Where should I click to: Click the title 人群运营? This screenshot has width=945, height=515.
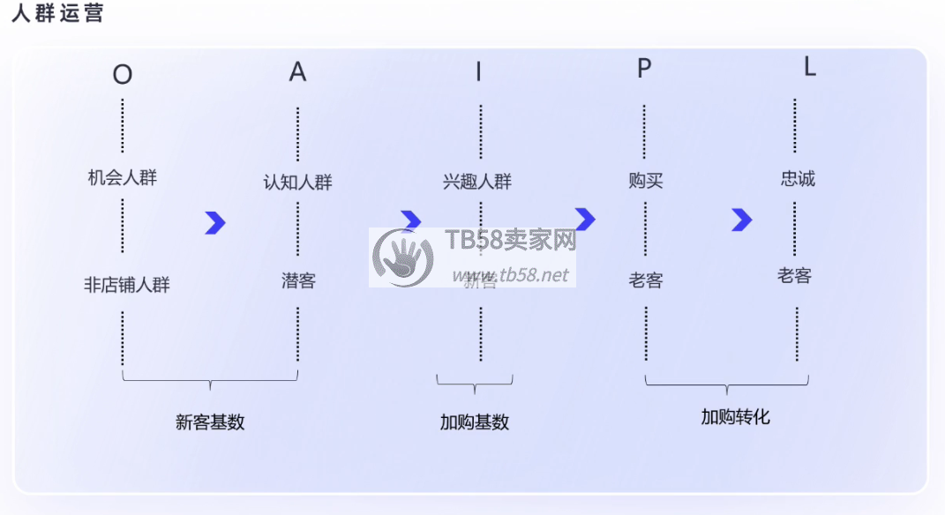pos(57,13)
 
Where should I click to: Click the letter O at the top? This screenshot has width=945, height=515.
pos(123,75)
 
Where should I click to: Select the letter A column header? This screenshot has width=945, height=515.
pos(297,72)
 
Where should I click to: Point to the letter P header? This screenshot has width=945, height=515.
pos(644,69)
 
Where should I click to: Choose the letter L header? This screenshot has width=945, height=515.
pos(809,68)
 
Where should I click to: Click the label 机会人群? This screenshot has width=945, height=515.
pos(123,177)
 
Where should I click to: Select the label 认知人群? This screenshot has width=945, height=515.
pos(298,183)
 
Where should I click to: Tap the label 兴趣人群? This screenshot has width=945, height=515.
pos(477,183)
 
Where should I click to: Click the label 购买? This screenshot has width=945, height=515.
pos(646,181)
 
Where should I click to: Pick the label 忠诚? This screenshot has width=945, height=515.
pos(798,179)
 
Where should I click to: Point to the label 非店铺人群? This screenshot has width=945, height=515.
pos(127,285)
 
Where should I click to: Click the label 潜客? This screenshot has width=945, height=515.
pos(298,281)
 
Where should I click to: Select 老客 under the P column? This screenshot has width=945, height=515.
pos(646,281)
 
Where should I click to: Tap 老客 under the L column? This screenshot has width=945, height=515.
pos(794,276)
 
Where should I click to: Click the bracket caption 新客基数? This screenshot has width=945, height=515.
pos(210,422)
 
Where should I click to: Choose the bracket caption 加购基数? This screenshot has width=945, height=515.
pos(475,422)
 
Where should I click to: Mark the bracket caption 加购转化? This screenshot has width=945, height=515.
pos(736,417)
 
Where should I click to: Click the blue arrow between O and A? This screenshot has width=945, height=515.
pos(215,223)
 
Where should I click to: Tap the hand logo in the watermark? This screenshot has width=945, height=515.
pos(403,258)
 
